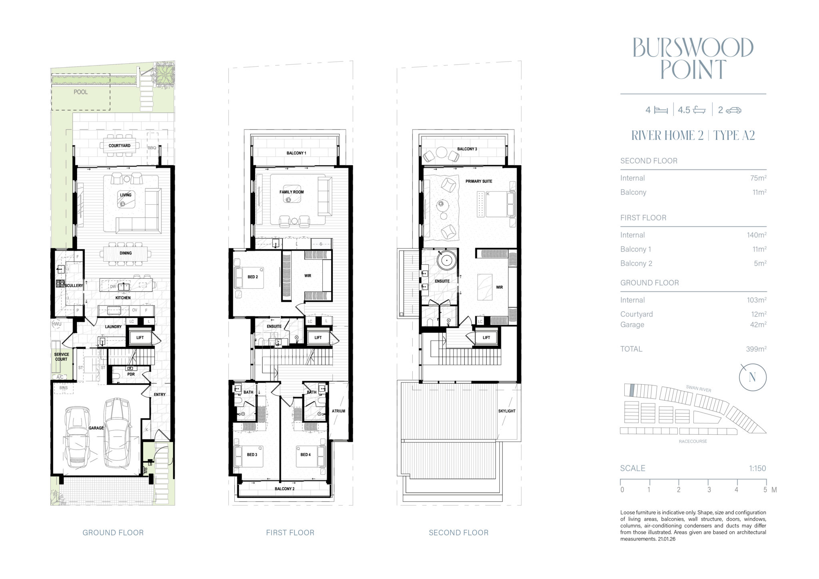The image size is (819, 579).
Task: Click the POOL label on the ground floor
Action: coord(80,92)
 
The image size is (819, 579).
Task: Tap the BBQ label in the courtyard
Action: coord(152,148)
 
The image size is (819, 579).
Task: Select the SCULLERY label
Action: coord(74,286)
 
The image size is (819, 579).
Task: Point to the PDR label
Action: coord(131,374)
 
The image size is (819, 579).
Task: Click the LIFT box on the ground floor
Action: coord(140,337)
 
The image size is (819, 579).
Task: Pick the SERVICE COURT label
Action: coord(62,357)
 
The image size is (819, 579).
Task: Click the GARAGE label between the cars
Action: coord(96,428)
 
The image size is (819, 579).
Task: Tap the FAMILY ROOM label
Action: coord(292,192)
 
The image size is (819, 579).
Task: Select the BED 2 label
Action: coord(252,277)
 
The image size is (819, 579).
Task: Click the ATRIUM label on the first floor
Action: coord(338,411)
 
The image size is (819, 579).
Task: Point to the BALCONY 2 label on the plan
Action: coord(284,489)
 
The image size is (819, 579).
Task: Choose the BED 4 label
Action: coord(306,455)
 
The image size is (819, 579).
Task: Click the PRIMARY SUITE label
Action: coord(479,181)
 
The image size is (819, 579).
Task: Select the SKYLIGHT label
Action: coord(507,411)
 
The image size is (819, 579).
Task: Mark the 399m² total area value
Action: coord(756,349)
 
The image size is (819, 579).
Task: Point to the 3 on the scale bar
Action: coord(709,490)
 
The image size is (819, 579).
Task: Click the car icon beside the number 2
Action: coord(733,110)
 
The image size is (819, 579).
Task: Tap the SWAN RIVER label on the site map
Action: coord(699,388)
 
